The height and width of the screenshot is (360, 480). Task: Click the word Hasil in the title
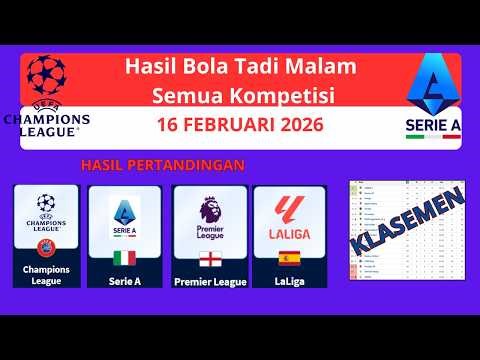pyautogui.click(x=147, y=68)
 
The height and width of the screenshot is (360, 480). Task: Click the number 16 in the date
pyautogui.click(x=171, y=128)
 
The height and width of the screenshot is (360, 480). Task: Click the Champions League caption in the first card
pyautogui.click(x=46, y=273)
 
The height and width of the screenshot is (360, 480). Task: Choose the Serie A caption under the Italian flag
pyautogui.click(x=124, y=281)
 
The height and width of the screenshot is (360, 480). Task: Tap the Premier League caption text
pyautogui.click(x=209, y=281)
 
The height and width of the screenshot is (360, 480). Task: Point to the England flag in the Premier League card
pyautogui.click(x=209, y=258)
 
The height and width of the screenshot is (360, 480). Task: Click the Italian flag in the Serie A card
pyautogui.click(x=124, y=257)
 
